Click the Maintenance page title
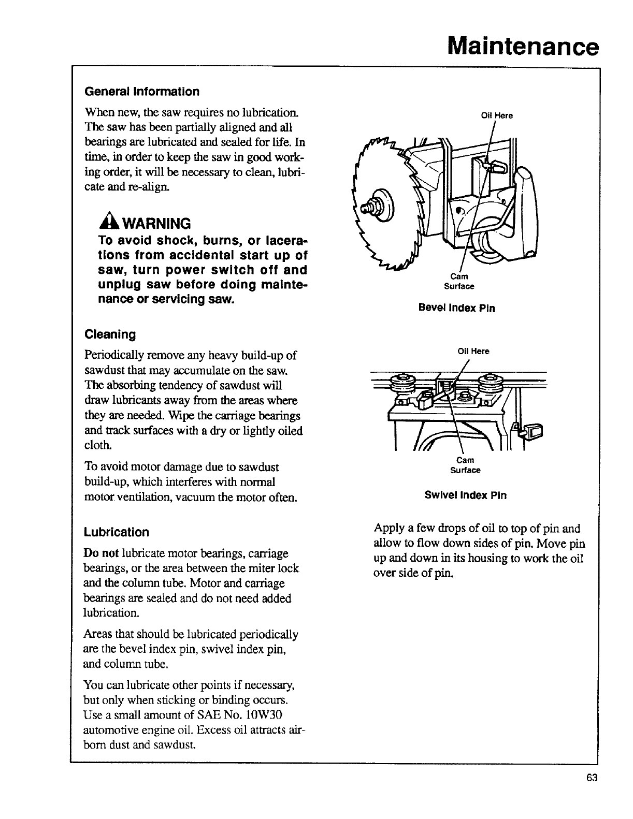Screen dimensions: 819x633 tap(523, 45)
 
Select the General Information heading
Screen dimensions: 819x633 tap(141, 92)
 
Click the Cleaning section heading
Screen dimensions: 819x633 tap(110, 334)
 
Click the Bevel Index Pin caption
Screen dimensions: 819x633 tap(456, 308)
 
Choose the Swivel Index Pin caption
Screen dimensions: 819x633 tap(465, 495)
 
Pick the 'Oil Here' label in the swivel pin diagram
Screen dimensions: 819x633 tap(473, 351)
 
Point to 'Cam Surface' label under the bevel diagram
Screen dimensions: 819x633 tap(458, 281)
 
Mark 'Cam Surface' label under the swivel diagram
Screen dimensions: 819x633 tap(465, 465)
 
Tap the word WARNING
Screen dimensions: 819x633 tap(153, 224)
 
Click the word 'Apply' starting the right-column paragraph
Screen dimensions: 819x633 tap(389, 529)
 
